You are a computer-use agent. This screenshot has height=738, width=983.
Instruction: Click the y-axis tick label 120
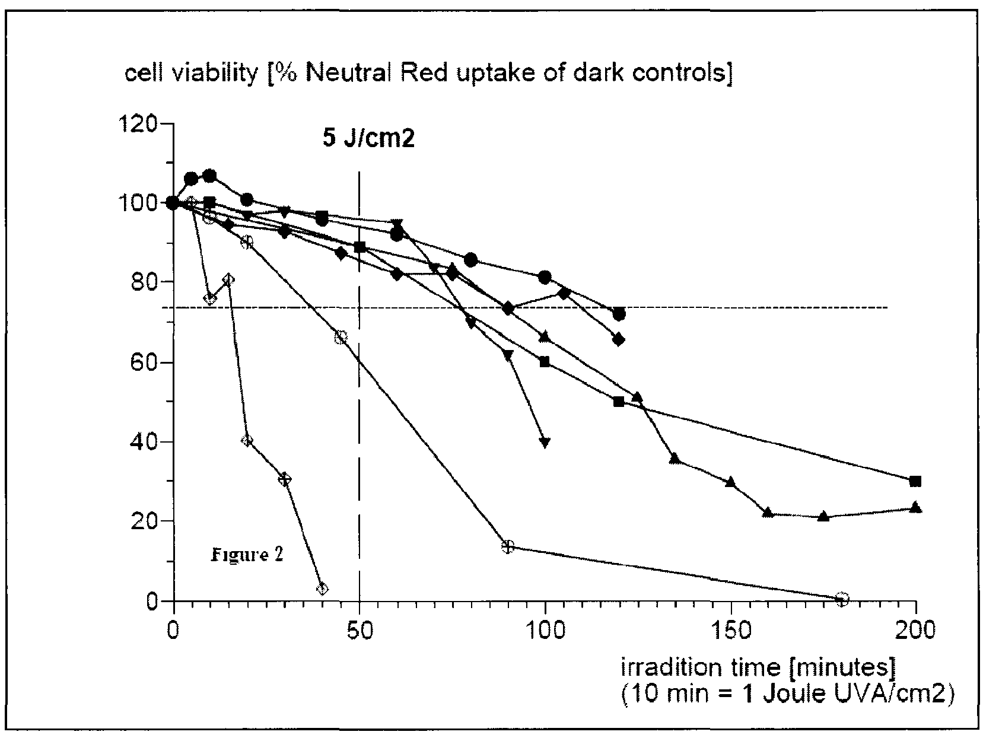[x=138, y=124]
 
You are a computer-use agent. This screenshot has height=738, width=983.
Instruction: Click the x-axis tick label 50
[x=359, y=630]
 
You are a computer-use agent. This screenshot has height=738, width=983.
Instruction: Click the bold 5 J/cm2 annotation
[x=368, y=139]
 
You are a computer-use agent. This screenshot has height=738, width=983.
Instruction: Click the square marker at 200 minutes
[x=915, y=481]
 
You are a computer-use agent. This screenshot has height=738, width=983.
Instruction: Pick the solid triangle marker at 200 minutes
[x=915, y=508]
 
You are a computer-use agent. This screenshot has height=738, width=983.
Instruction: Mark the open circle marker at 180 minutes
[x=841, y=599]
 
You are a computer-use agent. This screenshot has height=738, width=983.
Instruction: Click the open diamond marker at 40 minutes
[x=322, y=589]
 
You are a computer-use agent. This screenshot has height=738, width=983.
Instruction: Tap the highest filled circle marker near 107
[x=209, y=176]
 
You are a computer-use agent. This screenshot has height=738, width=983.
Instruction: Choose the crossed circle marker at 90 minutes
[x=507, y=547]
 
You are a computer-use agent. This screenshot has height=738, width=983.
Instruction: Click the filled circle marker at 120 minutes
[x=619, y=314]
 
